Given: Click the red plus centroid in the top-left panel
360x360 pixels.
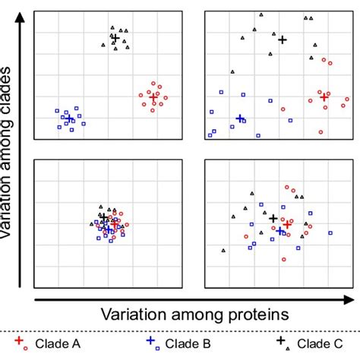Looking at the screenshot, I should tap(153, 96).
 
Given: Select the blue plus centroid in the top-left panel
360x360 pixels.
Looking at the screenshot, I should tap(69, 118).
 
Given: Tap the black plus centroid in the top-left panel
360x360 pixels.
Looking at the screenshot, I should tap(115, 37).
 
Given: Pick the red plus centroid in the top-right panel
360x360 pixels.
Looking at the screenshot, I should tap(324, 96).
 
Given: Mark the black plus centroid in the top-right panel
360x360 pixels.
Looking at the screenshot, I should tap(283, 39).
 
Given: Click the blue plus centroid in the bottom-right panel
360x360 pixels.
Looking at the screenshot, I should tap(279, 230).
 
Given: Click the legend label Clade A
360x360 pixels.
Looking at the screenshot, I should tap(55, 343).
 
